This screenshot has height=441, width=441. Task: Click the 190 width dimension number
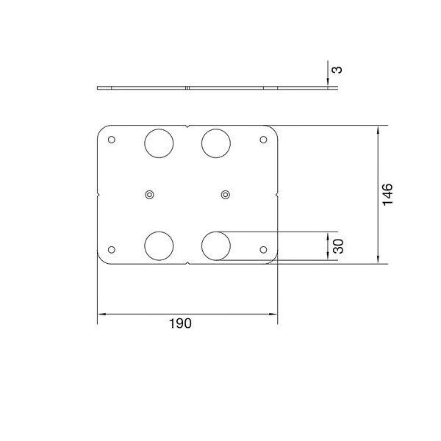pos(180,323)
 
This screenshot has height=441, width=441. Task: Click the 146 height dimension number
pos(387,195)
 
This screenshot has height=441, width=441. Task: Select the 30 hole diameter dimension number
pos(338,246)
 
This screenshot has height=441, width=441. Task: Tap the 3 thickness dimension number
pos(337,70)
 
